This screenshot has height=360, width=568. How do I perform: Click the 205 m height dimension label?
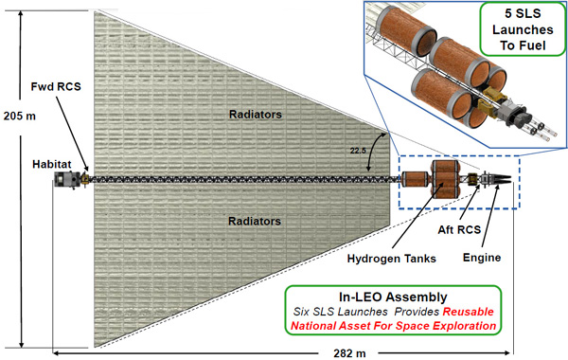(20, 116)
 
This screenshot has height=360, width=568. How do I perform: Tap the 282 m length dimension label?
(349, 353)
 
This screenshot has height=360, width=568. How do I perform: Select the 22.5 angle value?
(358, 151)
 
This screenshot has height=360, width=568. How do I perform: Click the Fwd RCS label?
(56, 86)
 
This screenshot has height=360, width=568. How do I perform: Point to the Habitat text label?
(52, 164)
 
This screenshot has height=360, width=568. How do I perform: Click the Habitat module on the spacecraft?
(66, 180)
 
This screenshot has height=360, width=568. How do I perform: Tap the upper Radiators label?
(256, 115)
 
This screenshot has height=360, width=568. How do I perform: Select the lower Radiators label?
(255, 221)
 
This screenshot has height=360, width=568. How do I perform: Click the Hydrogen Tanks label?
(392, 259)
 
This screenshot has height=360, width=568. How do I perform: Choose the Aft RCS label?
(459, 229)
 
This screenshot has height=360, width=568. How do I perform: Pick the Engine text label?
(482, 258)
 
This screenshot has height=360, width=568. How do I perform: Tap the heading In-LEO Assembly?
(393, 297)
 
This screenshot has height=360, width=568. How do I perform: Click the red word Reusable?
(469, 312)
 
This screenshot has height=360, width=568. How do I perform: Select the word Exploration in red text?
(465, 326)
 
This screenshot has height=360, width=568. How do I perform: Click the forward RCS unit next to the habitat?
(85, 179)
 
